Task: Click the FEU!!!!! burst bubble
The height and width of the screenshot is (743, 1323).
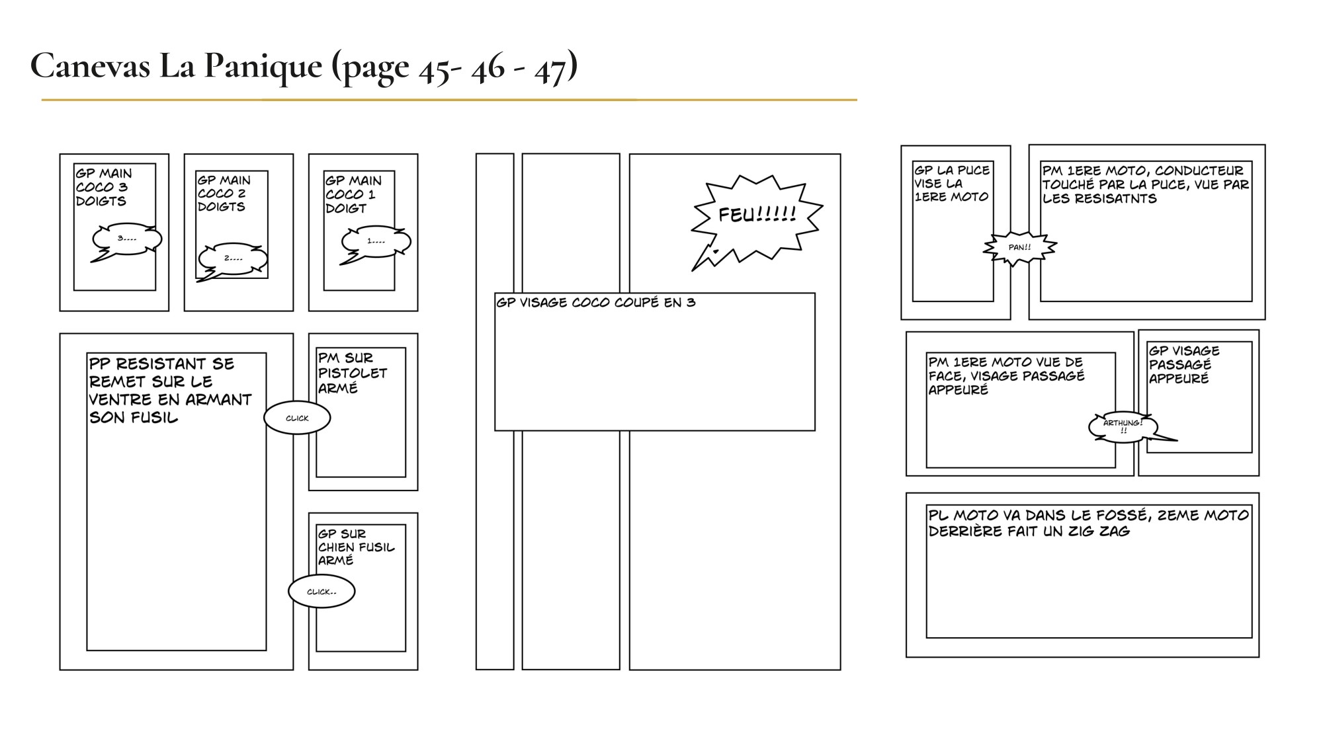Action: (x=757, y=215)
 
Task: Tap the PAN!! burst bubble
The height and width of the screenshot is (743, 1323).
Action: (x=1019, y=247)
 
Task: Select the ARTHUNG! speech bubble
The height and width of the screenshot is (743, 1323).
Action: (x=1123, y=426)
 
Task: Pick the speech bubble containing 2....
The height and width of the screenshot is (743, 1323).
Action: (x=234, y=258)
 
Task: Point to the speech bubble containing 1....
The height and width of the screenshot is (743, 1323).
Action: (x=376, y=241)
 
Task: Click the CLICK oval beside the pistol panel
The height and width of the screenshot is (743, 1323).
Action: (x=297, y=418)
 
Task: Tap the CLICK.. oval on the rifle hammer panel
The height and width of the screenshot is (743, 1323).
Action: (x=321, y=592)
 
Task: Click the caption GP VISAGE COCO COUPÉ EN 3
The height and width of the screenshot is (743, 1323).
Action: (x=595, y=303)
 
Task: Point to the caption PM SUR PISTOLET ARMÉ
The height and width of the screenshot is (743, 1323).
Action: (x=352, y=373)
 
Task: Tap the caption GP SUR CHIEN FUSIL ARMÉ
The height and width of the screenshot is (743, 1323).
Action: (x=356, y=547)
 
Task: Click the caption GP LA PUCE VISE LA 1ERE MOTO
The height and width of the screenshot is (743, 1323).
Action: (x=951, y=183)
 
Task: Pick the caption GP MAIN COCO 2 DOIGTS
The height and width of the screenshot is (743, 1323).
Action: (x=224, y=193)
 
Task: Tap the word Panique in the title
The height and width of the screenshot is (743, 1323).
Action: (x=263, y=66)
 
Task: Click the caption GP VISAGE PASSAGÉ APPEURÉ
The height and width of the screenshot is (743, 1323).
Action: (x=1183, y=364)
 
